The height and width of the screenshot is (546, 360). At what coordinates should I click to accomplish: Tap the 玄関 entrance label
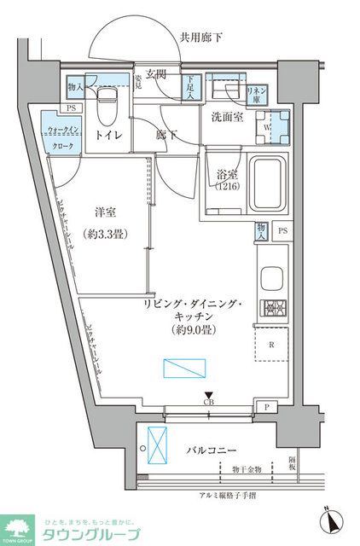pos(155,74)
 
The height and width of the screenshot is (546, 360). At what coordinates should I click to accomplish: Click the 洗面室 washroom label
pos(226,118)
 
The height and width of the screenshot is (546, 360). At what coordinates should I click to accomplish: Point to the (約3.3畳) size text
pos(106,233)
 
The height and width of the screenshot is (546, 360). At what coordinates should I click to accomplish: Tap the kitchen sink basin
pos(272,280)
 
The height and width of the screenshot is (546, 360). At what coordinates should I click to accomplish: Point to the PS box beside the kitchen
pos(282,231)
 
